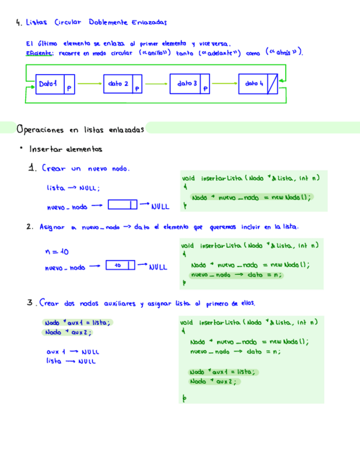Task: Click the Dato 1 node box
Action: (x=56, y=84)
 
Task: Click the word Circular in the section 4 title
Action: (x=68, y=23)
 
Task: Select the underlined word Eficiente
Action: (x=38, y=53)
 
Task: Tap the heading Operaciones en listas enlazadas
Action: (x=80, y=130)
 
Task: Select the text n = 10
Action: (x=56, y=252)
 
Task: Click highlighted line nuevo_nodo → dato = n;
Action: (x=236, y=275)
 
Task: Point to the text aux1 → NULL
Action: (x=73, y=352)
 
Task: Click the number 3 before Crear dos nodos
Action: (x=31, y=303)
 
